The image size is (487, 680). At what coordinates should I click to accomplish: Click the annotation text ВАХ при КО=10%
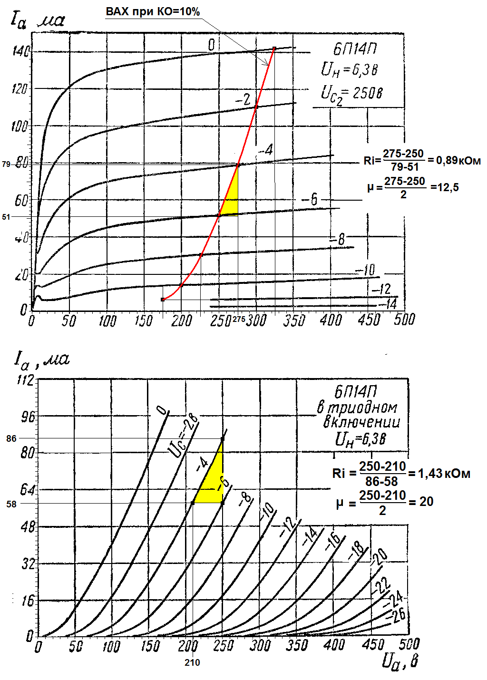(x=153, y=11)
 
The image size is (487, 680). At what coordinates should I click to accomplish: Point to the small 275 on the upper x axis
(x=239, y=320)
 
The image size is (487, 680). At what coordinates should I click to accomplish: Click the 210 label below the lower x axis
(x=192, y=662)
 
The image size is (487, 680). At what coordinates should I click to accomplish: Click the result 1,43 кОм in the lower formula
(x=444, y=474)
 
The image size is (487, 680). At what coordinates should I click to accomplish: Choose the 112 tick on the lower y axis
(x=25, y=380)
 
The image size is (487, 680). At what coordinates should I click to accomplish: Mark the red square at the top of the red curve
(x=274, y=49)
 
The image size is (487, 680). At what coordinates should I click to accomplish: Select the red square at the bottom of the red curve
(x=163, y=300)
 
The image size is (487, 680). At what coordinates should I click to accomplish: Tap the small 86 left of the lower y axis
(x=11, y=438)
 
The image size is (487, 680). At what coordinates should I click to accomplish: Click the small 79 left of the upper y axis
(x=6, y=164)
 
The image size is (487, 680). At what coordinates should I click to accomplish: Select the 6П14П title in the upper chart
(x=355, y=49)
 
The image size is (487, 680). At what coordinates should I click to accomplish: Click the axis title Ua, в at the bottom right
(x=400, y=661)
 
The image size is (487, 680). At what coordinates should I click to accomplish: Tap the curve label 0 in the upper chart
(x=211, y=45)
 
